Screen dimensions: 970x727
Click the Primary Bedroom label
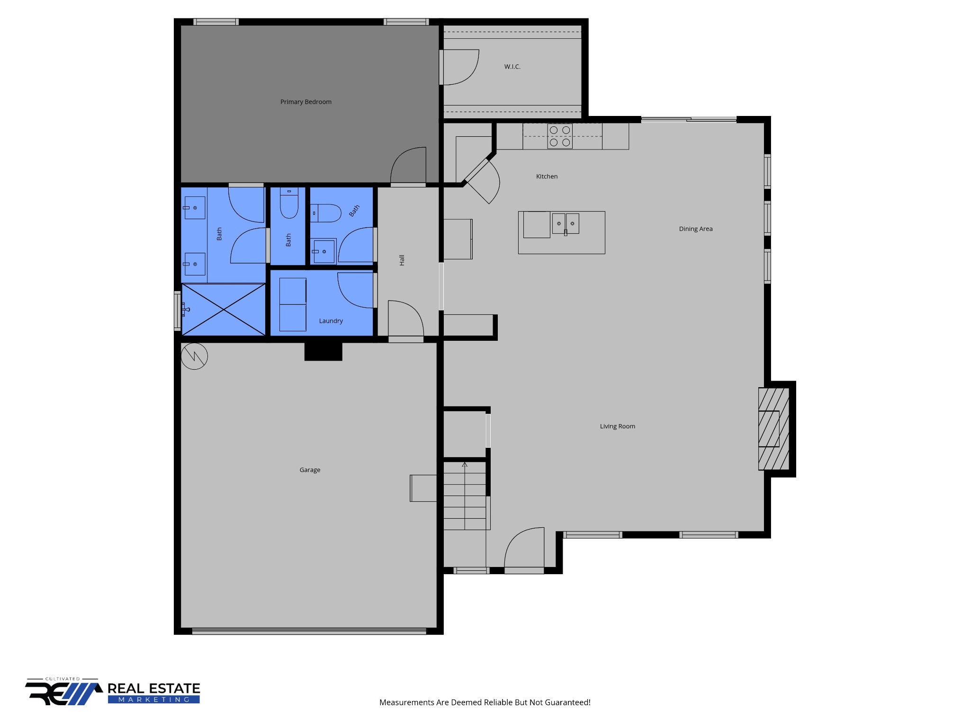pyautogui.click(x=306, y=102)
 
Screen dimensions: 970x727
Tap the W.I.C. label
pyautogui.click(x=512, y=67)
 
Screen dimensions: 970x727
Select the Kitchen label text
pyautogui.click(x=547, y=177)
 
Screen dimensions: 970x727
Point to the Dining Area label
pyautogui.click(x=696, y=229)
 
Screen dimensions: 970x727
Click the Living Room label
pyautogui.click(x=618, y=426)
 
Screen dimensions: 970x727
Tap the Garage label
pyautogui.click(x=310, y=470)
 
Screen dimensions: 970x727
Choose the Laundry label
pyautogui.click(x=331, y=321)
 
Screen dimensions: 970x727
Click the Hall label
pyautogui.click(x=402, y=260)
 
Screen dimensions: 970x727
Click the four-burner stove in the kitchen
pyautogui.click(x=560, y=136)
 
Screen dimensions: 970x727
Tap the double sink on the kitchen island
pyautogui.click(x=566, y=224)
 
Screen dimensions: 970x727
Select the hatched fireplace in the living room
pyautogui.click(x=774, y=429)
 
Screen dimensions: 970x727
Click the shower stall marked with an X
pyautogui.click(x=224, y=310)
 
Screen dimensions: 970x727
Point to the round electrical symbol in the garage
pyautogui.click(x=194, y=356)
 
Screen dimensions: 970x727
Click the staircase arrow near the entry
pyautogui.click(x=465, y=495)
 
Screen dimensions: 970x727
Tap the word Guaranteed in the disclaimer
pyautogui.click(x=567, y=702)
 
